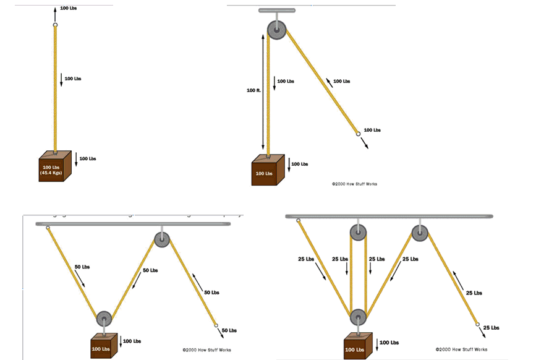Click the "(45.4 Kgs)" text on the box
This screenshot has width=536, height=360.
point(51,173)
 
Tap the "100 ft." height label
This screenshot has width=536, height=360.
point(253,90)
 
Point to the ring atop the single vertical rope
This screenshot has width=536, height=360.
point(55,25)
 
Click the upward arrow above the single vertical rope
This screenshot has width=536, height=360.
point(55,14)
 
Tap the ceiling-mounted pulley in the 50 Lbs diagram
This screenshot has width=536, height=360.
point(161,240)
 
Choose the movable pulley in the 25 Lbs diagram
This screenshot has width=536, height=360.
point(359,317)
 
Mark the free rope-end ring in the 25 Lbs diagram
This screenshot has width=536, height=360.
point(477,324)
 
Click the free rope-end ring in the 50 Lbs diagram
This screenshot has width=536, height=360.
point(215,325)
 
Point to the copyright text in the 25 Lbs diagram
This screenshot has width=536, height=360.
point(461,349)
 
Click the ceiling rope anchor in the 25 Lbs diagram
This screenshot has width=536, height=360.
point(299,220)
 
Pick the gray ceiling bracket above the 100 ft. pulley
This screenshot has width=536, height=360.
point(277,11)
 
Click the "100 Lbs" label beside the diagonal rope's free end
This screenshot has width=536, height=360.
point(372,130)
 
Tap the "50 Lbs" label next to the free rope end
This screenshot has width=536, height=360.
point(229,330)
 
